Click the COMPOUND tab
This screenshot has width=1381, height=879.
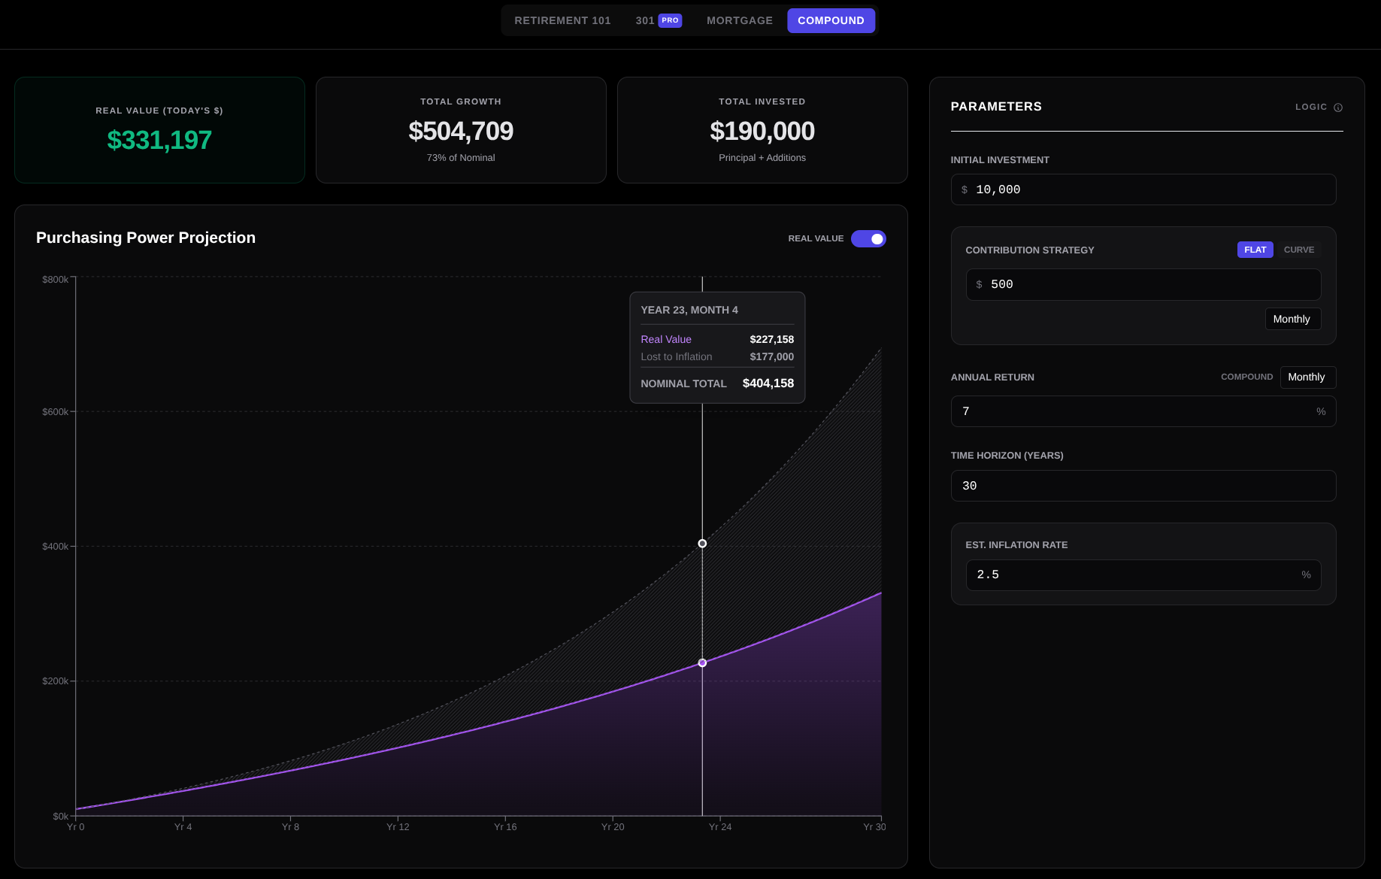(831, 20)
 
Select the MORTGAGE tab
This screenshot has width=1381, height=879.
(739, 20)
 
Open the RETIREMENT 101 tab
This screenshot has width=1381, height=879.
(562, 20)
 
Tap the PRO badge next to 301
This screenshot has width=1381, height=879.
(670, 20)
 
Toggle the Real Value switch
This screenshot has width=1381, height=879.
(868, 238)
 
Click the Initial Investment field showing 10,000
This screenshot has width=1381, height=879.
(1143, 189)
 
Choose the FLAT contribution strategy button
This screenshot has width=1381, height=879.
(1255, 250)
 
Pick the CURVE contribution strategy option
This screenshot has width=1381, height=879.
(1298, 250)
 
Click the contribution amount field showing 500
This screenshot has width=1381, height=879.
(1143, 284)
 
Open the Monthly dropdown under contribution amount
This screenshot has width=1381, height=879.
(1292, 319)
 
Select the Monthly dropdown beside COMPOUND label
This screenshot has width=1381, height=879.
(1307, 377)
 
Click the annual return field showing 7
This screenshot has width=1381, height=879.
(1135, 411)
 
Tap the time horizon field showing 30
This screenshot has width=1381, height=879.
(1143, 486)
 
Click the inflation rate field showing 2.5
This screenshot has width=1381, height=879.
(1135, 574)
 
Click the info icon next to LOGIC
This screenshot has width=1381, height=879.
(1338, 108)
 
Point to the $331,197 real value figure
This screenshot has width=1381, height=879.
(159, 140)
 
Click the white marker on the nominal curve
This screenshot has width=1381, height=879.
(702, 543)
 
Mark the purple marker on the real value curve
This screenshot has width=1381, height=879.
(702, 662)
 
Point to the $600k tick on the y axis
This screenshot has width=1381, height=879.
(55, 412)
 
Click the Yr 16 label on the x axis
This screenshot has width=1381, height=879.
(505, 826)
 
